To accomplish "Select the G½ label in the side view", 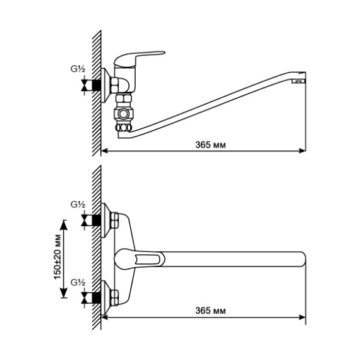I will [x=77, y=68].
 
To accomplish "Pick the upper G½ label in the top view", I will [x=77, y=204].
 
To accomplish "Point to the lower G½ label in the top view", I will [x=77, y=282].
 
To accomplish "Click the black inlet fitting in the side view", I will [x=94, y=85].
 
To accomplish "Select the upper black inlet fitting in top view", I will [x=94, y=220].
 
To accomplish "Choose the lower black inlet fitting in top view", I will [x=94, y=299].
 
